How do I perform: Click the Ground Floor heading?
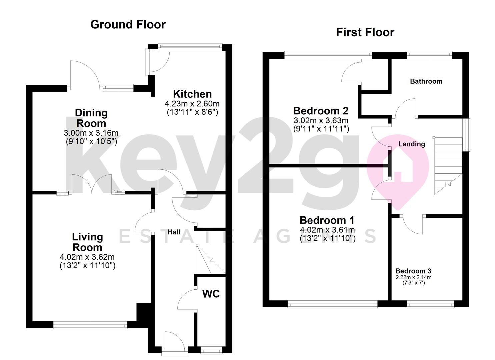click(x=128, y=25)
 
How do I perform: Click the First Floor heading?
click(x=365, y=32)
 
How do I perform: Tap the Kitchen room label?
click(x=192, y=94)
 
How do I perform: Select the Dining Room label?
click(x=91, y=118)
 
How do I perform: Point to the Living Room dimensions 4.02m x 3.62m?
click(x=87, y=257)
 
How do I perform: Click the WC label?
click(x=211, y=294)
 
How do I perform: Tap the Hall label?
click(x=174, y=232)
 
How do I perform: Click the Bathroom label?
click(x=426, y=81)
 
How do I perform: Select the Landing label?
click(x=412, y=144)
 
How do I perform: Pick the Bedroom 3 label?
click(x=413, y=271)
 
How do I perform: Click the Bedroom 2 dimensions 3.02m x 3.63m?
click(x=321, y=120)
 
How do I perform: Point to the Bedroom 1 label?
click(x=327, y=220)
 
